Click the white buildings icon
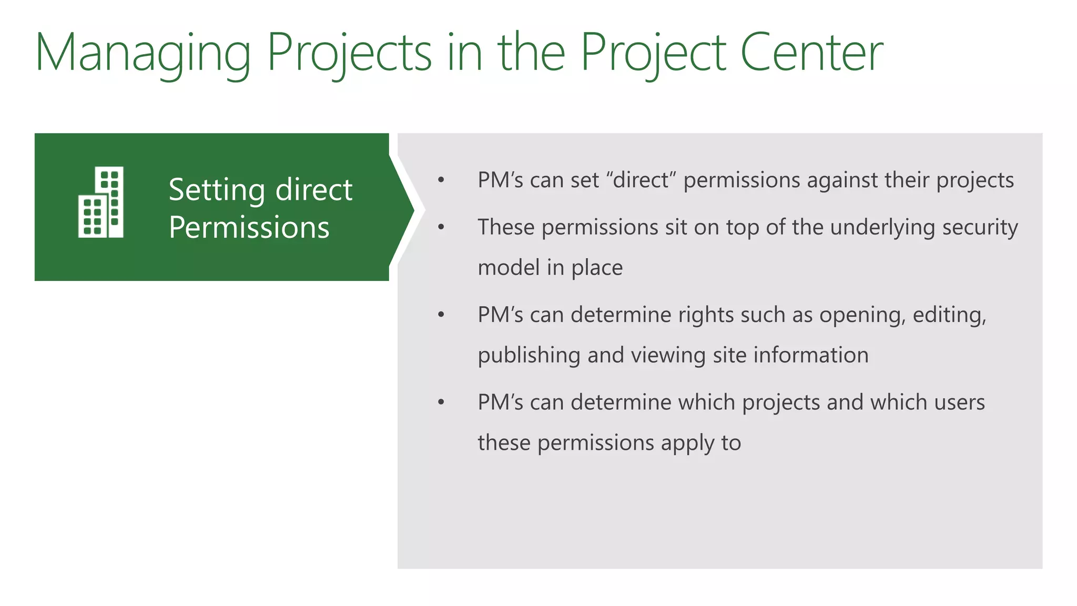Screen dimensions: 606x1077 pyautogui.click(x=101, y=202)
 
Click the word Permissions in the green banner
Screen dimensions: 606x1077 pyautogui.click(x=249, y=227)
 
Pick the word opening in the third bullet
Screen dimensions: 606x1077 pyautogui.click(x=862, y=315)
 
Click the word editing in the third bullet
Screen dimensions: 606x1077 pyautogui.click(x=949, y=315)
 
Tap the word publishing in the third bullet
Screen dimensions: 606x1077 pyautogui.click(x=529, y=356)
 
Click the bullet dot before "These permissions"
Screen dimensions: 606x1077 pyautogui.click(x=441, y=227)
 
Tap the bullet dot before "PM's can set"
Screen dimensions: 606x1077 pyautogui.click(x=441, y=180)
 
